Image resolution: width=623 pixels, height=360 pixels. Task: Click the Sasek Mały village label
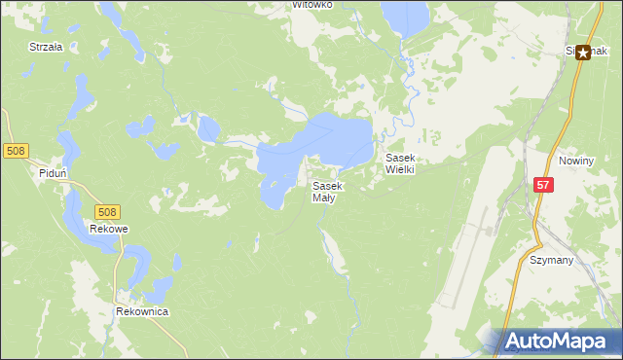(326, 192)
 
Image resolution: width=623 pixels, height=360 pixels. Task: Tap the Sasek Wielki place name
(400, 163)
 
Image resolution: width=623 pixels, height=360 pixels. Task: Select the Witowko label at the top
(313, 5)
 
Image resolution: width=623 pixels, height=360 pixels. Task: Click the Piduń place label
(52, 173)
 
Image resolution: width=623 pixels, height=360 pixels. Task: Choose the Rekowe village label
(109, 230)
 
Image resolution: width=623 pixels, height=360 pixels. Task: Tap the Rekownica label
(142, 311)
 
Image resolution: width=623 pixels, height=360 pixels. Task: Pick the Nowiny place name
(576, 160)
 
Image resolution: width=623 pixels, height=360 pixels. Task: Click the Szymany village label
(551, 261)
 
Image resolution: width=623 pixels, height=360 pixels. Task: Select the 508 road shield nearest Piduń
(16, 151)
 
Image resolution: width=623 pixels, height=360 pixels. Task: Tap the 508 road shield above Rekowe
(107, 211)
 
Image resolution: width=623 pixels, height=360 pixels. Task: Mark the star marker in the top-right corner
(583, 54)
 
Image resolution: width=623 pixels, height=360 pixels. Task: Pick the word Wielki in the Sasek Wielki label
(400, 169)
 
